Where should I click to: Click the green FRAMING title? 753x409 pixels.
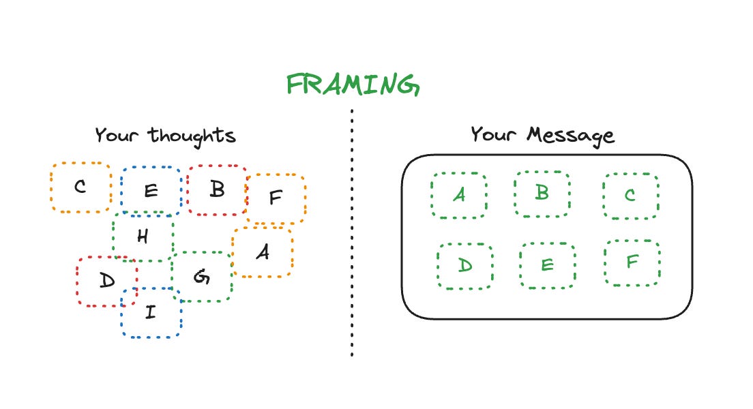click(x=352, y=85)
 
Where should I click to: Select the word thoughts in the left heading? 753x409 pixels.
click(x=192, y=135)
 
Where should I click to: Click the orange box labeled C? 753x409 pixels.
click(x=80, y=187)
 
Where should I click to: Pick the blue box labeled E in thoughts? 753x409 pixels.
click(x=151, y=190)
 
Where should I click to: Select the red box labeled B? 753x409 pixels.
click(x=217, y=190)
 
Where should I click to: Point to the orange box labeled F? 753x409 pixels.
click(x=276, y=198)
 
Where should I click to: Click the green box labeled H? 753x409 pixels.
click(x=143, y=237)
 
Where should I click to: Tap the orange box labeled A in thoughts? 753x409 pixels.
click(x=263, y=252)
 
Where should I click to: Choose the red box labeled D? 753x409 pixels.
click(x=106, y=280)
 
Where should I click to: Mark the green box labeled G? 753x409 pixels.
click(x=201, y=277)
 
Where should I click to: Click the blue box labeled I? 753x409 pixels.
click(x=151, y=312)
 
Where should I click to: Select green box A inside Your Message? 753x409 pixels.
click(x=459, y=195)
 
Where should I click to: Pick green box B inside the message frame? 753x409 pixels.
click(x=542, y=193)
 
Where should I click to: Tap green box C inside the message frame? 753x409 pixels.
click(x=630, y=196)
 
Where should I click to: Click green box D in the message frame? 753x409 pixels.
click(x=465, y=265)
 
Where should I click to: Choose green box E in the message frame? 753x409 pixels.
click(x=547, y=264)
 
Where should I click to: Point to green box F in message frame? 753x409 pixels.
click(x=632, y=262)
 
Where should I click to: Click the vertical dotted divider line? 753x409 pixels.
click(x=352, y=232)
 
